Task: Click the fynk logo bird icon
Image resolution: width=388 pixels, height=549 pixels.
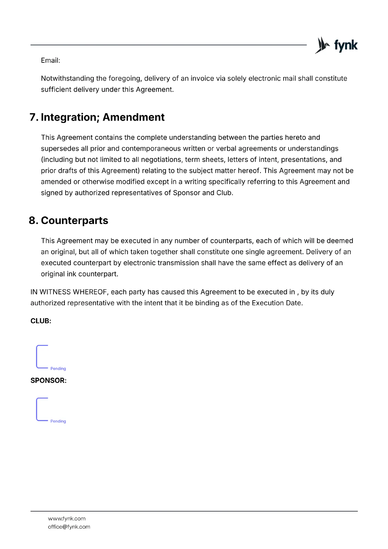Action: pyautogui.click(x=322, y=45)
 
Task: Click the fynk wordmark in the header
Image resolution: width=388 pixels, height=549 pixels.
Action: pyautogui.click(x=346, y=45)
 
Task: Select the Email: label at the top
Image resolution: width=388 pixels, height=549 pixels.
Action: pyautogui.click(x=50, y=61)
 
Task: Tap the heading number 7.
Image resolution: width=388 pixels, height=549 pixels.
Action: pyautogui.click(x=34, y=117)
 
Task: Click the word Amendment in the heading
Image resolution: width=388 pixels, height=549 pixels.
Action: pyautogui.click(x=133, y=117)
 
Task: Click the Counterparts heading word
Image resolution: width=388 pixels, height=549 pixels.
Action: pyautogui.click(x=74, y=221)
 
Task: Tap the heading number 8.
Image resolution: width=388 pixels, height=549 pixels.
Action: pyautogui.click(x=33, y=221)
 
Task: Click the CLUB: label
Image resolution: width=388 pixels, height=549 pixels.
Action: pyautogui.click(x=41, y=321)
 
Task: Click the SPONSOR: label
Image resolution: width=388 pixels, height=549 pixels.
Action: pyautogui.click(x=48, y=381)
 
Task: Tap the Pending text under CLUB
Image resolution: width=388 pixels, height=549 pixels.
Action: pyautogui.click(x=58, y=369)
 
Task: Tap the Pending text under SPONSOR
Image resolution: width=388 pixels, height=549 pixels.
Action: pyautogui.click(x=58, y=421)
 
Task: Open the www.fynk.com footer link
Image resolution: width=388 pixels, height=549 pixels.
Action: pyautogui.click(x=67, y=518)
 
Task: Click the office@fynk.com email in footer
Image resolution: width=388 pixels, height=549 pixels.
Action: pyautogui.click(x=69, y=527)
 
